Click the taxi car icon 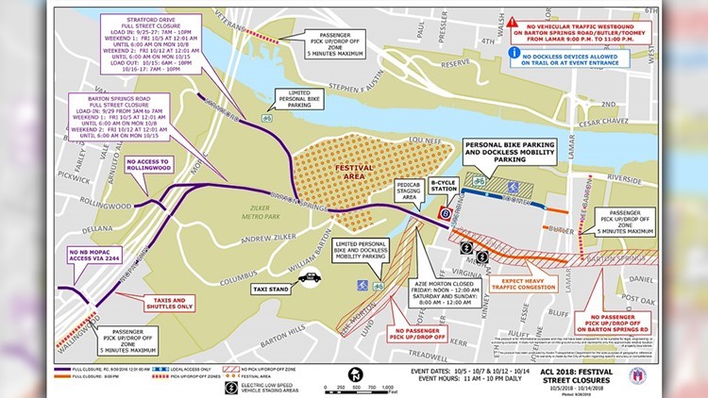coord(311,277)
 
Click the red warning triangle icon coord(512,21)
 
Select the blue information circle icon coord(514,54)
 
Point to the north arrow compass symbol coord(355,374)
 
